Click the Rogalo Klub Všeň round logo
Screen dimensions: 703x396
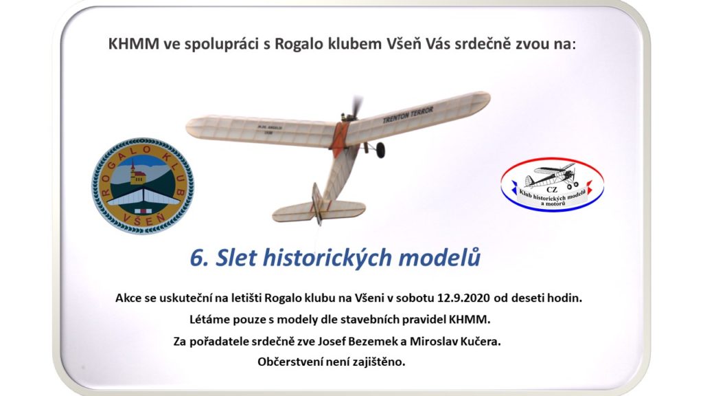tap(143, 186)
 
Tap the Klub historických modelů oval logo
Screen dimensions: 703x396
tap(552, 184)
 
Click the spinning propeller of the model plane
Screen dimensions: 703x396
tap(356, 107)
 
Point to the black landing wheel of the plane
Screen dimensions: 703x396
tap(380, 150)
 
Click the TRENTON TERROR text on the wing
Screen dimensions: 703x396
tap(408, 115)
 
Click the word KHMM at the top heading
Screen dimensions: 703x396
tap(134, 44)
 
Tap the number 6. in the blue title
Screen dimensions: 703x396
tap(199, 258)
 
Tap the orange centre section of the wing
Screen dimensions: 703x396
tap(339, 136)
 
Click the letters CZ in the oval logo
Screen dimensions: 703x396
tap(551, 190)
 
